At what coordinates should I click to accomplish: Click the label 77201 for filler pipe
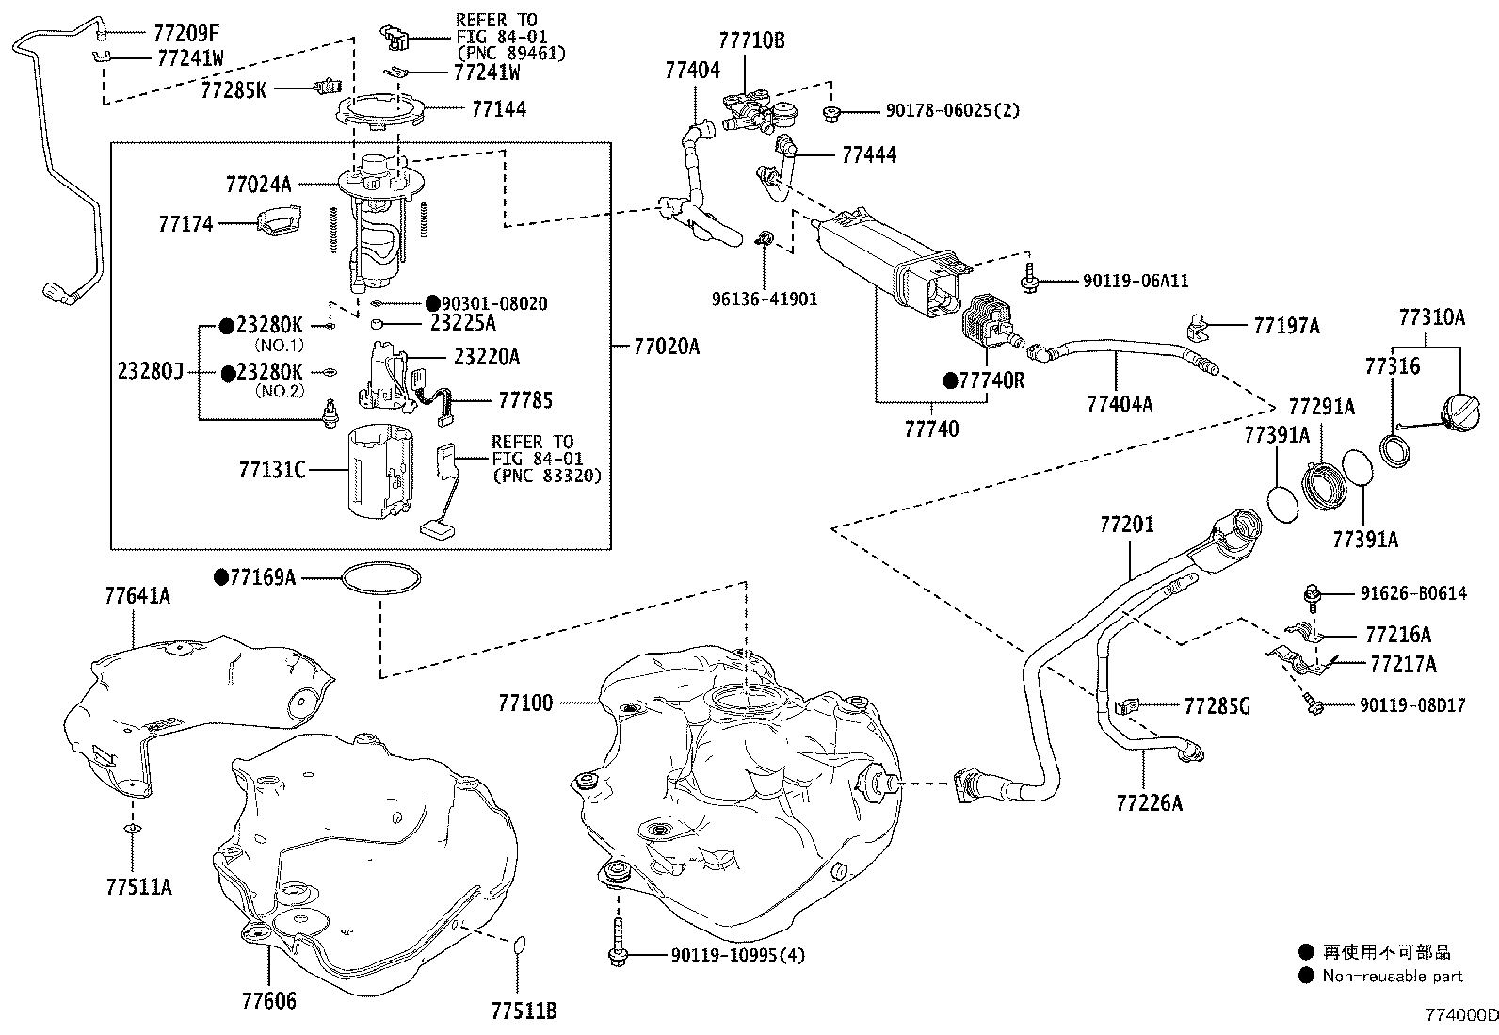tap(1126, 525)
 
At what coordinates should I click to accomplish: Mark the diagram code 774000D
tap(1459, 1015)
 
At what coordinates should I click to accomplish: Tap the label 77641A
tap(137, 595)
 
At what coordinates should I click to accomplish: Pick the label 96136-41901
tap(764, 299)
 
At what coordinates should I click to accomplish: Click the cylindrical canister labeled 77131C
tap(379, 473)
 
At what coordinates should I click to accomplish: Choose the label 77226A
tap(1149, 802)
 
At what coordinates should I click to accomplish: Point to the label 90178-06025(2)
tap(952, 110)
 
